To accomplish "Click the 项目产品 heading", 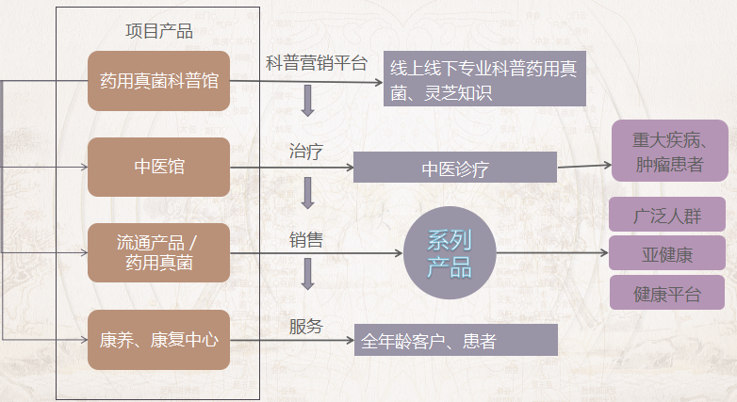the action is click(x=159, y=31).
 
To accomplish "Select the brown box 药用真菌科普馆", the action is click(x=159, y=81).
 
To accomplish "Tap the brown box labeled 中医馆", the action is click(x=159, y=167).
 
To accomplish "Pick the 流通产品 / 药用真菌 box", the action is click(x=159, y=252).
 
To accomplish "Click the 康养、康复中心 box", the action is click(x=159, y=340).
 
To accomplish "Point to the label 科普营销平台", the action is click(x=317, y=63).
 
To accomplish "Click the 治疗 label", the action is click(x=306, y=152).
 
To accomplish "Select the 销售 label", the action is click(x=306, y=240).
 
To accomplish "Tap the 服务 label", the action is click(x=306, y=327).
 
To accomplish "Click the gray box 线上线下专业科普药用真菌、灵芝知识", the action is click(x=484, y=78).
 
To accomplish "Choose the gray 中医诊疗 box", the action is click(x=455, y=168).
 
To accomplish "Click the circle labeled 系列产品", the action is click(x=450, y=252).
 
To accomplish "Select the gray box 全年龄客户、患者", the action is click(x=456, y=340).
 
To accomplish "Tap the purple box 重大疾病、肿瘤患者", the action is click(x=669, y=151).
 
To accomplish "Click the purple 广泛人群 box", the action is click(x=667, y=215).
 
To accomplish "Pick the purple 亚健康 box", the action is click(x=667, y=253).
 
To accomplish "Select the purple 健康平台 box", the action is click(x=667, y=293).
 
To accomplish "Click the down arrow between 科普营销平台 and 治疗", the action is click(x=308, y=101).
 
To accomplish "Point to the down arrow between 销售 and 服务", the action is click(x=308, y=274).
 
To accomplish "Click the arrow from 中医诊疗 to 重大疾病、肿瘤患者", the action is click(x=584, y=166).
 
